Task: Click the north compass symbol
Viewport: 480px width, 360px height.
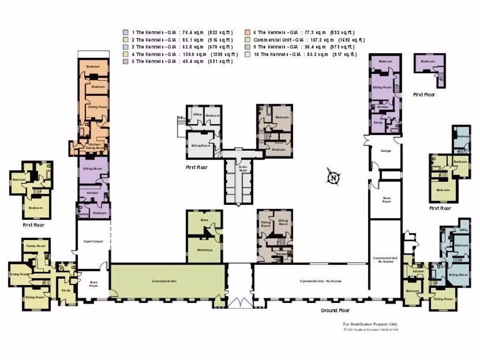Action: [x=333, y=178]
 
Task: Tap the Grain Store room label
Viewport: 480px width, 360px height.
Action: [x=242, y=168]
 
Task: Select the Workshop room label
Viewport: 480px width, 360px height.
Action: [x=205, y=250]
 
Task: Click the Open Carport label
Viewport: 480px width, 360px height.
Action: [x=93, y=241]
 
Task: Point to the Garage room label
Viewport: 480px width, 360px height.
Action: [x=385, y=151]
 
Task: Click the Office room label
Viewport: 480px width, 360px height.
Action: [x=197, y=115]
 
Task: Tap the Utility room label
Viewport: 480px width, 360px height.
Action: [x=463, y=230]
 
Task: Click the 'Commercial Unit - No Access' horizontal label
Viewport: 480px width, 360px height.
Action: [x=321, y=281]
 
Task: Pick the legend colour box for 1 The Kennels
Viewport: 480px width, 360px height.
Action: [x=126, y=32]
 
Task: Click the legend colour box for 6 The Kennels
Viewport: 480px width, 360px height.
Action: [x=247, y=32]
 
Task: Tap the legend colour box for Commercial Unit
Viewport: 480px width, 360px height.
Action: [x=247, y=40]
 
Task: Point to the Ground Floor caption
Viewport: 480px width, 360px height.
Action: [x=335, y=310]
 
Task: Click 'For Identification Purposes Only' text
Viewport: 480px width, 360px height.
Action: [x=370, y=324]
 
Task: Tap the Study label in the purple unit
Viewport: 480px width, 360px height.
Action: [x=378, y=123]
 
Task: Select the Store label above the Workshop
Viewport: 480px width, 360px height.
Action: [x=204, y=219]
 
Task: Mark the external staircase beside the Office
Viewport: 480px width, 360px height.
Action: [x=181, y=126]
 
